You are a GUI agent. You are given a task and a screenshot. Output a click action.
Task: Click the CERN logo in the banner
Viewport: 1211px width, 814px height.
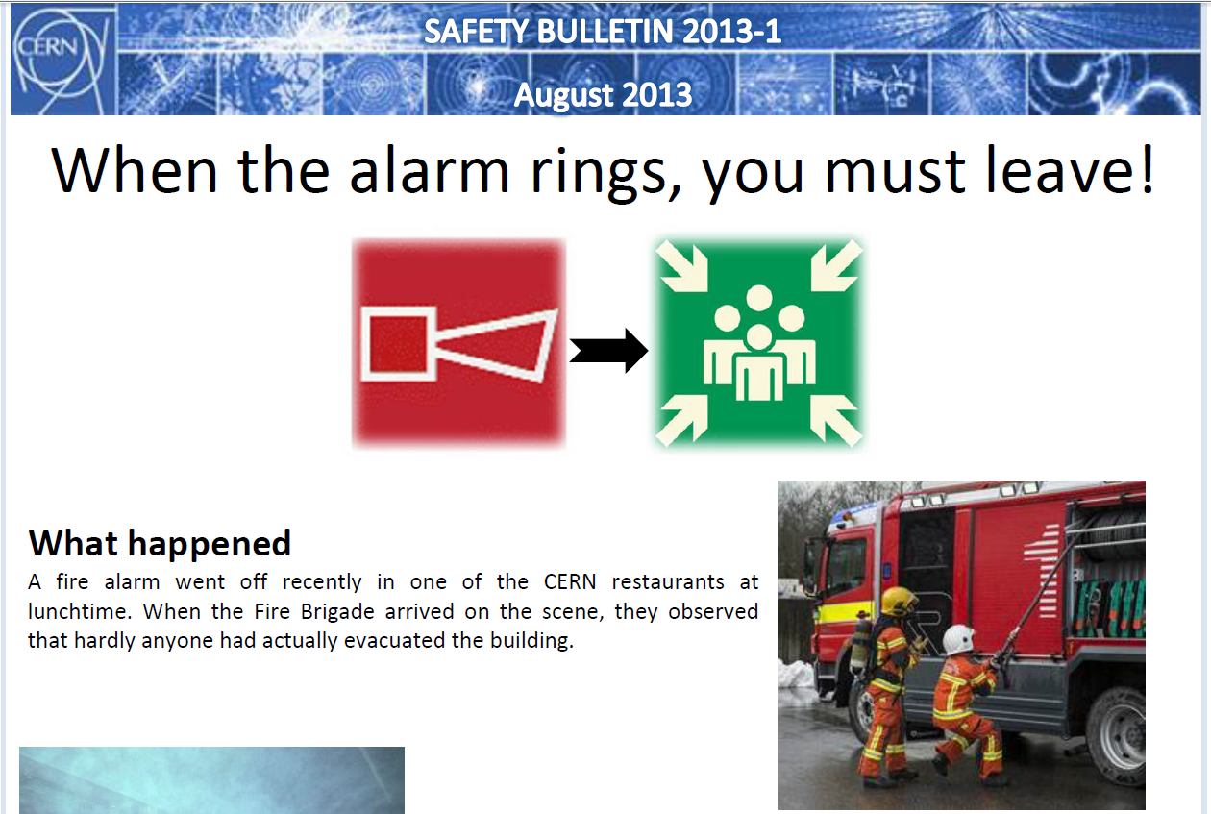(x=61, y=61)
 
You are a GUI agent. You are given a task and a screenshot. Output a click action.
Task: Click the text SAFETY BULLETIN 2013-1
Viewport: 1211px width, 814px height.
(x=603, y=32)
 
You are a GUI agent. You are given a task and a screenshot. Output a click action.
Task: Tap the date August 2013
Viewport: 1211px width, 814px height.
(x=603, y=94)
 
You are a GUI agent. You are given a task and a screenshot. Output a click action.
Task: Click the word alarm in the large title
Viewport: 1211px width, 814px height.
(x=430, y=170)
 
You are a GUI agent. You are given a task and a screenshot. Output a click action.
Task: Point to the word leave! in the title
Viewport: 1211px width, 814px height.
(x=1071, y=170)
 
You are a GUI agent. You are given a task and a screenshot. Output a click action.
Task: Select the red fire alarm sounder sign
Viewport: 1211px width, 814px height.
(x=458, y=343)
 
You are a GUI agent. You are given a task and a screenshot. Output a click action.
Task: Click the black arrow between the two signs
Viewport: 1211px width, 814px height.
(x=608, y=351)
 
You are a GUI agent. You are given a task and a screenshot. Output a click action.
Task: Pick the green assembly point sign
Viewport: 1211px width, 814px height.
(x=759, y=343)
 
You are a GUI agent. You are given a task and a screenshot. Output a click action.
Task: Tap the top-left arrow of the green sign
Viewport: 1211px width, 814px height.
(x=682, y=266)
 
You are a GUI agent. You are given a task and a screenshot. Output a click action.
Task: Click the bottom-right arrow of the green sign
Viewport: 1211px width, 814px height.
(x=836, y=421)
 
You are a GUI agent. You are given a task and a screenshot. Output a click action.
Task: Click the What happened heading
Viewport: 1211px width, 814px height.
(x=160, y=543)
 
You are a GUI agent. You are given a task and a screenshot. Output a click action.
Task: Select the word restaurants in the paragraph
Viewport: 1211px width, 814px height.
(x=668, y=582)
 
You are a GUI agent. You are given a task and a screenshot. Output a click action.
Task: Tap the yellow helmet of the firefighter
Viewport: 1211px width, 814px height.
(x=898, y=601)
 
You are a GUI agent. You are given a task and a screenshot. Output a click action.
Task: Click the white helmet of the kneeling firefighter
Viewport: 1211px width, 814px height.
(x=957, y=639)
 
